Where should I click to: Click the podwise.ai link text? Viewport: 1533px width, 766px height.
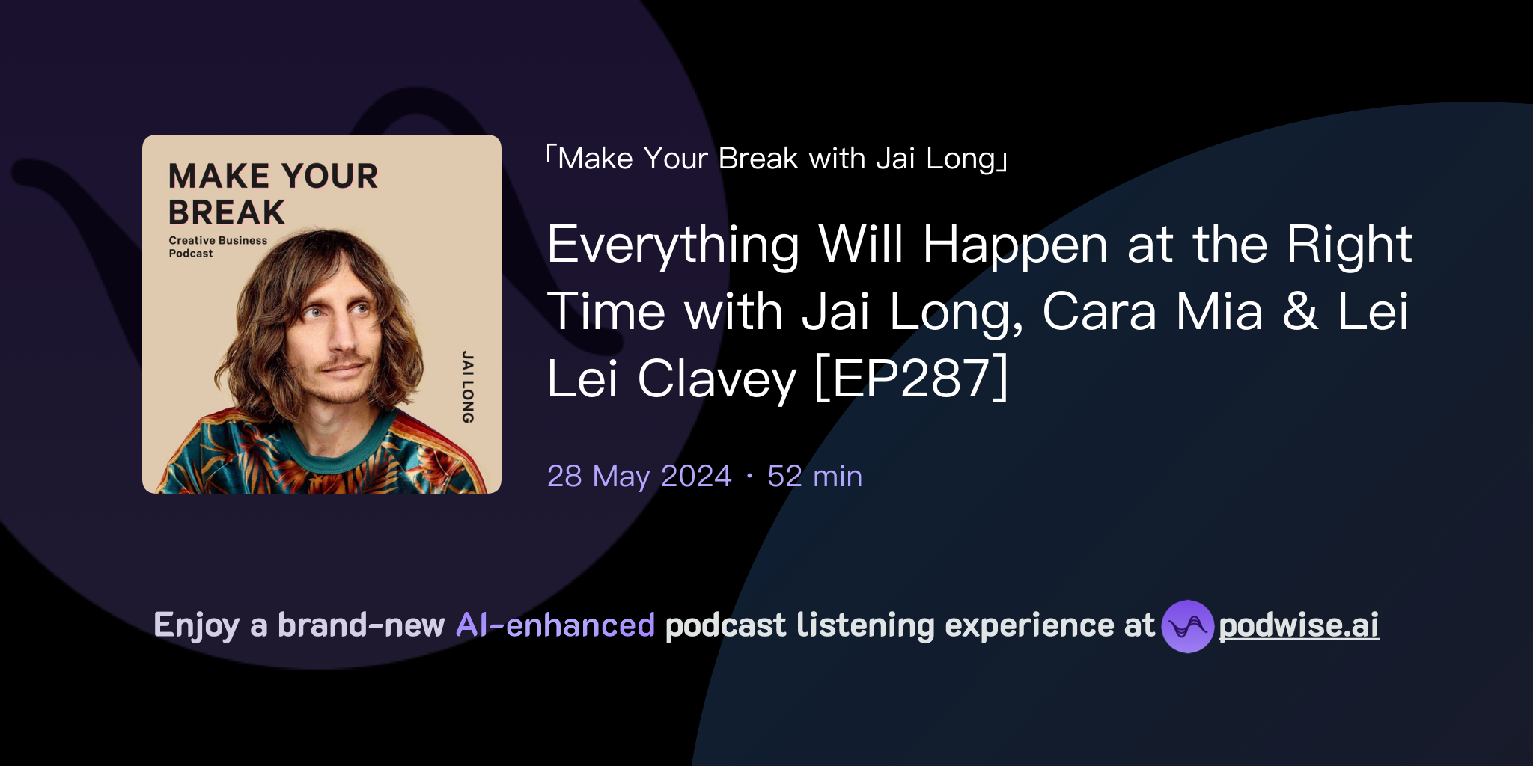pyautogui.click(x=1298, y=625)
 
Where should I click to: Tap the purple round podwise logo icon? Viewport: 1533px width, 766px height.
pyautogui.click(x=1187, y=627)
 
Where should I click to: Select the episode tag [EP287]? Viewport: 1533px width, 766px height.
pyautogui.click(x=911, y=379)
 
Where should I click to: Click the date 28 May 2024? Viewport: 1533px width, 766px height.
pyautogui.click(x=639, y=477)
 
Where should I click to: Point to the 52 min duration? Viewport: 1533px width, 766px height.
pyautogui.click(x=814, y=477)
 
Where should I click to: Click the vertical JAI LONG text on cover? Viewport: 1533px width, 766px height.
pyautogui.click(x=467, y=387)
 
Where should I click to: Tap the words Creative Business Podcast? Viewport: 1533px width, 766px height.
pyautogui.click(x=217, y=247)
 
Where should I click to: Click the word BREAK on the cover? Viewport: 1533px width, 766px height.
pyautogui.click(x=227, y=212)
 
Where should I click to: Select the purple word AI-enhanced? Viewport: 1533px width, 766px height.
pyautogui.click(x=555, y=625)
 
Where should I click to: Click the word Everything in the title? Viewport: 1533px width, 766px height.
pyautogui.click(x=673, y=245)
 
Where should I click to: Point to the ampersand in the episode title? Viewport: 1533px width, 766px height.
pyautogui.click(x=1300, y=311)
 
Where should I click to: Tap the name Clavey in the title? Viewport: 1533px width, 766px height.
pyautogui.click(x=716, y=379)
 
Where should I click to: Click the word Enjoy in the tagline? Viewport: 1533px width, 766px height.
pyautogui.click(x=196, y=625)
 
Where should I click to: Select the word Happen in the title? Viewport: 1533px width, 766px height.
pyautogui.click(x=1015, y=245)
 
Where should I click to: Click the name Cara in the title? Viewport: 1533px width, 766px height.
pyautogui.click(x=1099, y=311)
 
